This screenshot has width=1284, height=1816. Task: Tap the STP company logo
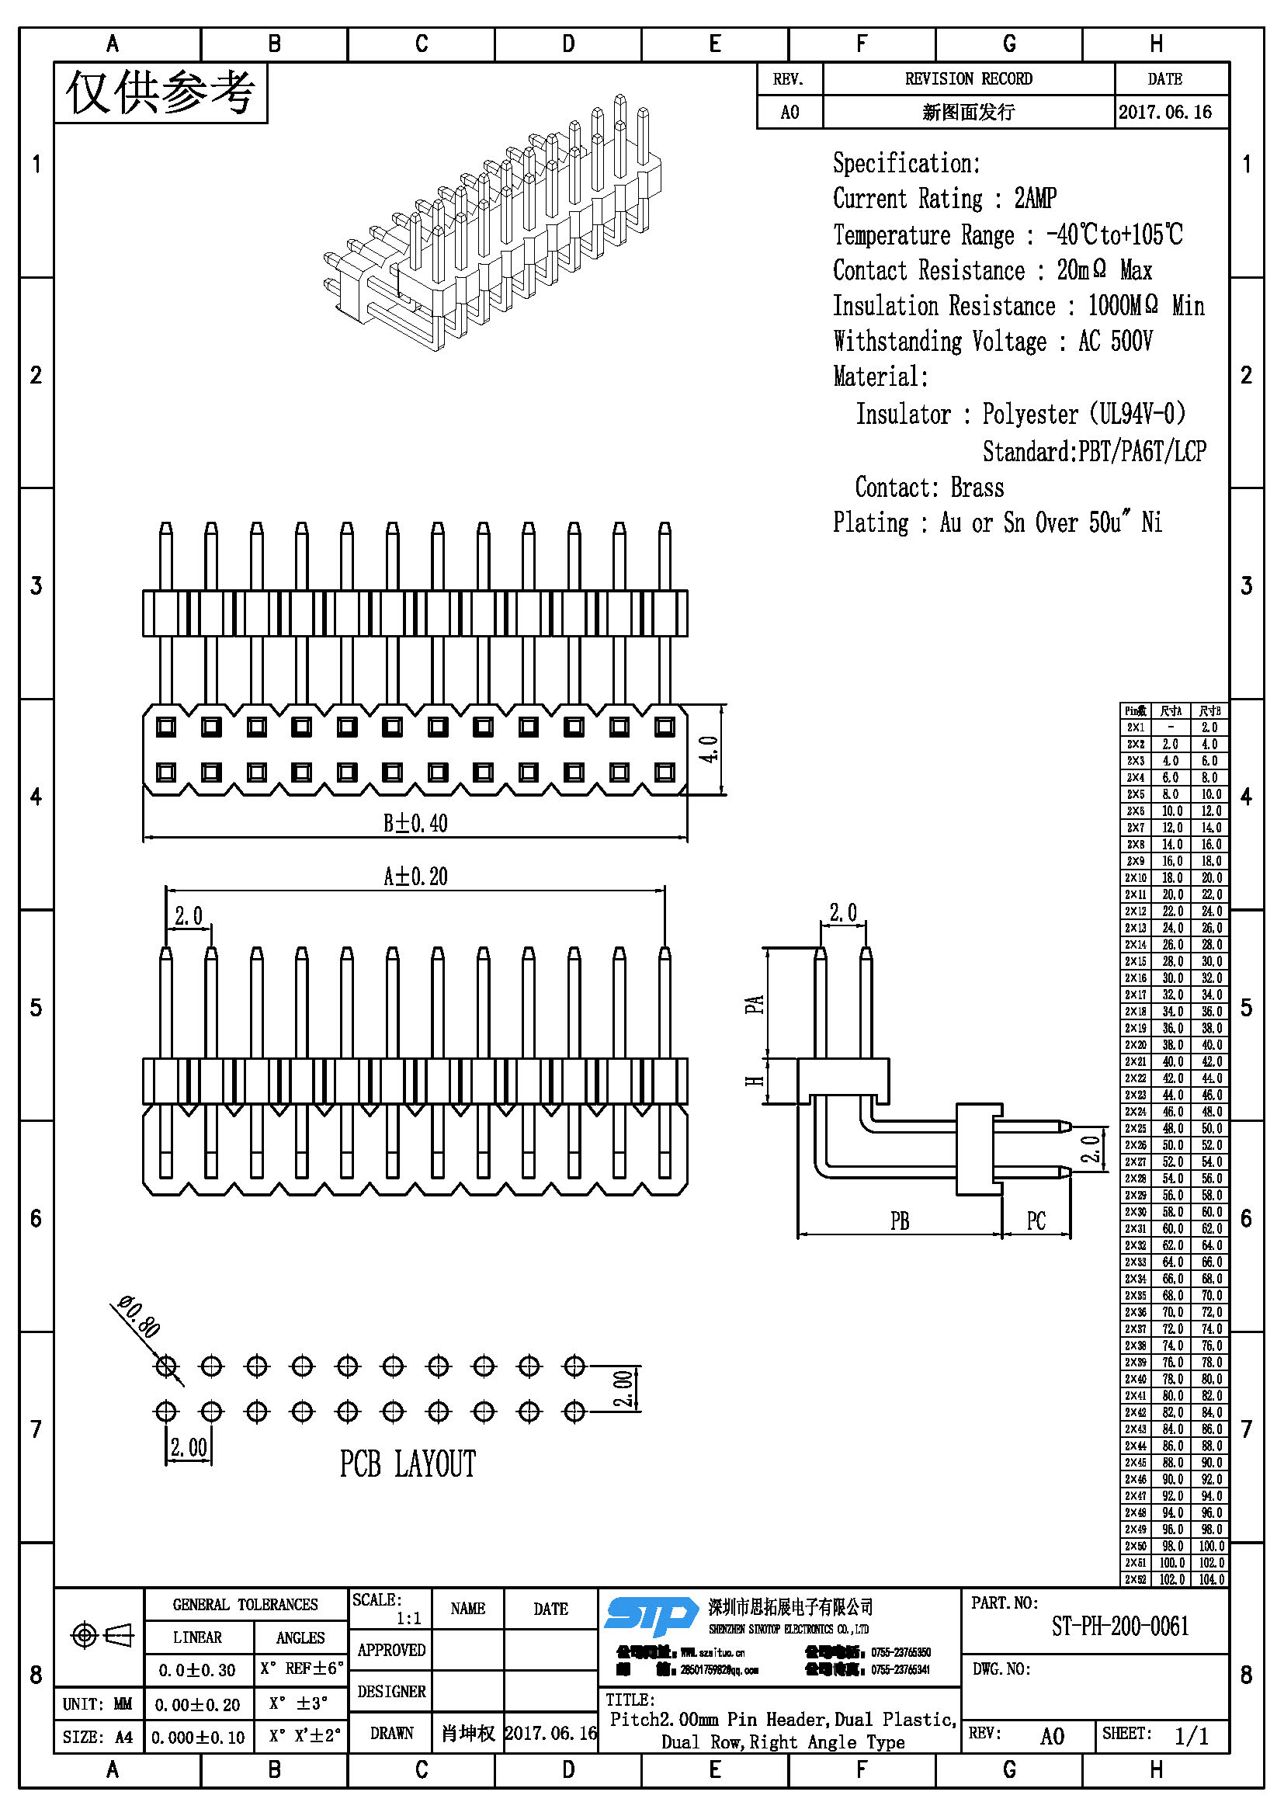pos(651,1615)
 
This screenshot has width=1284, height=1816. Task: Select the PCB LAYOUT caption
pos(408,1464)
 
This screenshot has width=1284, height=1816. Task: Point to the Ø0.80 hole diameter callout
pos(140,1316)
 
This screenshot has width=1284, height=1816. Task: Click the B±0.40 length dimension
pos(415,823)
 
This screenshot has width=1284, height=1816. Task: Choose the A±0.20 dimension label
pos(415,877)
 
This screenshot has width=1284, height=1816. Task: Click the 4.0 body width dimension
pos(710,749)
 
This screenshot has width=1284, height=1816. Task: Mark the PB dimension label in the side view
pos(899,1221)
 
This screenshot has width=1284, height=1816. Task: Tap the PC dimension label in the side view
pos(1036,1221)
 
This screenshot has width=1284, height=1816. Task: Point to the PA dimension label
pos(755,1005)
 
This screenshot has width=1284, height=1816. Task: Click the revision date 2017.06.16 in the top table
pos(1164,113)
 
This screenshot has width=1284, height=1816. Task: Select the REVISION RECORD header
pos(968,79)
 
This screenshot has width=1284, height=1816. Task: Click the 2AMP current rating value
pos(1035,198)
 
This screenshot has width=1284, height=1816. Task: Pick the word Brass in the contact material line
pos(977,488)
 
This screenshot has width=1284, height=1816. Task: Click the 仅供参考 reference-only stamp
pos(161,93)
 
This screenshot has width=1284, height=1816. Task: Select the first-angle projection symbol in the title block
pos(102,1634)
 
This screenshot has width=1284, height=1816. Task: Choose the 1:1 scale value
pos(408,1618)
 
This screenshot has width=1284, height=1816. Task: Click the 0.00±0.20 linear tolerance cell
pos(197,1704)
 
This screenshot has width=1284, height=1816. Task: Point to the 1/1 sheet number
pos(1191,1736)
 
